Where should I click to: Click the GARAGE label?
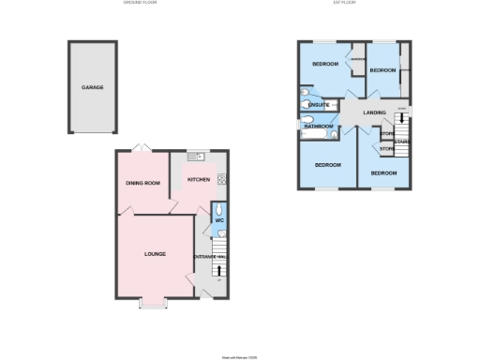(x=92, y=87)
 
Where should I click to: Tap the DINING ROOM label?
(x=143, y=183)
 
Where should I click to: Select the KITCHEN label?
(x=199, y=179)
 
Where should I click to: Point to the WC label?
(x=219, y=221)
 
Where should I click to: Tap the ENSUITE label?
(x=318, y=105)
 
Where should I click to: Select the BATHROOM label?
(x=318, y=126)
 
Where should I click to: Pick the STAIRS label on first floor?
(x=402, y=142)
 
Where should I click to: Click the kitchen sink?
(x=199, y=157)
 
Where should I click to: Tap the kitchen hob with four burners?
(x=222, y=178)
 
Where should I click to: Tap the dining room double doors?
(x=140, y=148)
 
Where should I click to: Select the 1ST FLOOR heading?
(x=354, y=4)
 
